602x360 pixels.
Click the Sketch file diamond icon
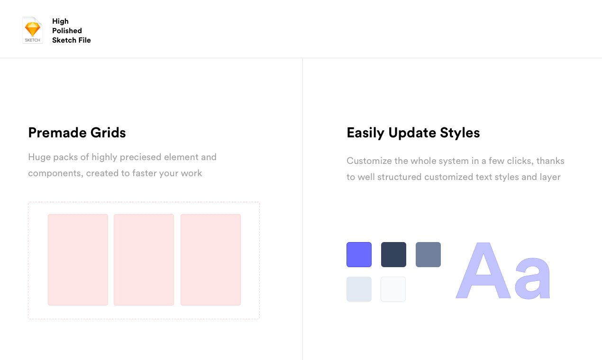(x=32, y=30)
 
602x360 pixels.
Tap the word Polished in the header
(x=67, y=31)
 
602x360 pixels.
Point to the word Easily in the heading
(x=365, y=133)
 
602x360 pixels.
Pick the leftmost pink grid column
(x=78, y=260)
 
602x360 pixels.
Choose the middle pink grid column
(x=144, y=260)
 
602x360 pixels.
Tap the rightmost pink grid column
(x=210, y=260)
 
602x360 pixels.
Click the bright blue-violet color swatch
(x=359, y=254)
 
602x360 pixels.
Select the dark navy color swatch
(x=393, y=254)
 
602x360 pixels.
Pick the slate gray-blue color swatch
(x=428, y=254)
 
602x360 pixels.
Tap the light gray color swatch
(x=359, y=289)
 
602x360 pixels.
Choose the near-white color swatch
(x=393, y=289)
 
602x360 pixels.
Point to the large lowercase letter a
(x=533, y=279)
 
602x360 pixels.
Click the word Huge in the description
(x=39, y=157)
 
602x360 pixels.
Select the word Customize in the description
(x=368, y=161)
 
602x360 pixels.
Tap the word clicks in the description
(x=518, y=161)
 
